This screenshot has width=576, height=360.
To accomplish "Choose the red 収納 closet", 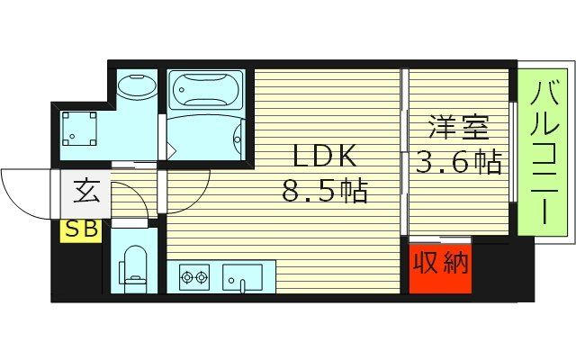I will click(x=441, y=265).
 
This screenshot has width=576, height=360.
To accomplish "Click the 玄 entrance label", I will click(x=86, y=192).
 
